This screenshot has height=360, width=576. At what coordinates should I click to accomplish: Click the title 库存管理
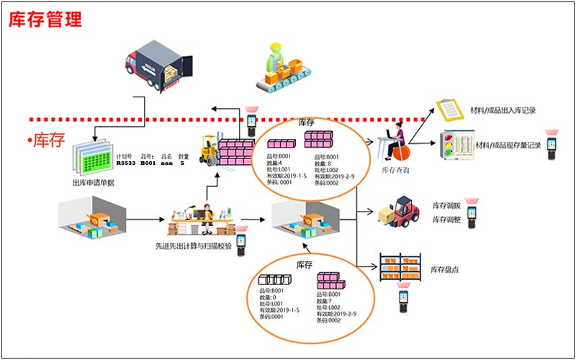click(45, 19)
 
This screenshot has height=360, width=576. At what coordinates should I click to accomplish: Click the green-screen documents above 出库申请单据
click(91, 154)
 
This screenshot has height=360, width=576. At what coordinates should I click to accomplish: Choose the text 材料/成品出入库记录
click(505, 111)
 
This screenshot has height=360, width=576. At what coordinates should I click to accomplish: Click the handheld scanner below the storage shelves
click(403, 300)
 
